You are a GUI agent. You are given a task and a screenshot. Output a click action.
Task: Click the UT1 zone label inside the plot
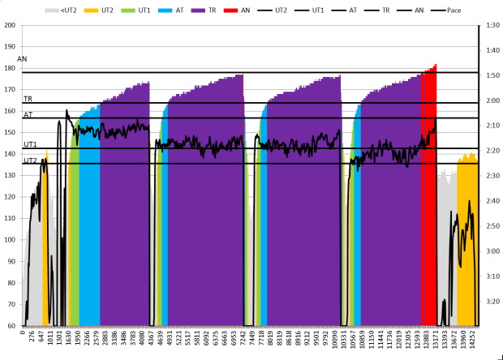[29, 144]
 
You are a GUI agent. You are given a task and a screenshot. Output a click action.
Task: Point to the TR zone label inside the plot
[28, 98]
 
